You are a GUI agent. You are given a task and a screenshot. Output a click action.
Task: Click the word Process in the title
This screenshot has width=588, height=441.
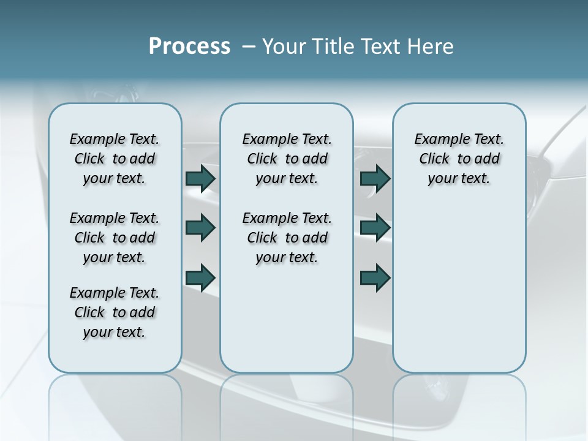pyautogui.click(x=189, y=47)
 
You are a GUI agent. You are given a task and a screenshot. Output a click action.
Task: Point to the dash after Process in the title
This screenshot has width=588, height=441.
pyautogui.click(x=249, y=47)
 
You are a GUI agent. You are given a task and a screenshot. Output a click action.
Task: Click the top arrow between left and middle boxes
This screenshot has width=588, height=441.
pyautogui.click(x=200, y=178)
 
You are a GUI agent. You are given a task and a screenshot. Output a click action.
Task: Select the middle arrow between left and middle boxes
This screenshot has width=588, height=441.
pyautogui.click(x=200, y=228)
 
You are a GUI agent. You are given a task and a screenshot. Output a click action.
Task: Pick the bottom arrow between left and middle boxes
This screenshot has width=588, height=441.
pyautogui.click(x=200, y=277)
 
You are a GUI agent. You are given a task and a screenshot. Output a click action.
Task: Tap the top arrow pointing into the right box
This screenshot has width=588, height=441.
pyautogui.click(x=375, y=178)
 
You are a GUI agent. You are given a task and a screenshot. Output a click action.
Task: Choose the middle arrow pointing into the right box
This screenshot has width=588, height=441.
pyautogui.click(x=375, y=228)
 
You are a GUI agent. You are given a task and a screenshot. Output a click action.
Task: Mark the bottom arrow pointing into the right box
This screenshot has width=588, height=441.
pyautogui.click(x=375, y=277)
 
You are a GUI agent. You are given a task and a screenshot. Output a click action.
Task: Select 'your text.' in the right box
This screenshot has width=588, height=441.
pyautogui.click(x=459, y=179)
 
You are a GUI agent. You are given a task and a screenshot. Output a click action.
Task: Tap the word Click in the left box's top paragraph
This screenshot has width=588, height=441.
pyautogui.click(x=89, y=159)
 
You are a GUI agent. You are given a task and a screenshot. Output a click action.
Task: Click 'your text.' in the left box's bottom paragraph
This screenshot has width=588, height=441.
pyautogui.click(x=114, y=332)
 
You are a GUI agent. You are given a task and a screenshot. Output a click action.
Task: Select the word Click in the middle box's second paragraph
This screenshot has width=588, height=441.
pyautogui.click(x=262, y=238)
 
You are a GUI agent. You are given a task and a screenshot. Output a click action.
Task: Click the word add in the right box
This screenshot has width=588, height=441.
pyautogui.click(x=488, y=159)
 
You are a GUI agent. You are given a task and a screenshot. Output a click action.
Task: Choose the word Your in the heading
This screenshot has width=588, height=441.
pyautogui.click(x=282, y=47)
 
